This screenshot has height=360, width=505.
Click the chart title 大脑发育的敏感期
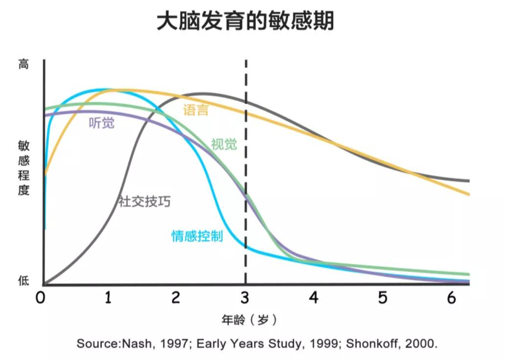point(245,21)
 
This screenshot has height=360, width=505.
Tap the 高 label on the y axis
point(23,64)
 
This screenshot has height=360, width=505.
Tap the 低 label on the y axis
point(23,281)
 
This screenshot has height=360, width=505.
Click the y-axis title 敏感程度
point(23,168)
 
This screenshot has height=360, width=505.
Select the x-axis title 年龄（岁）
point(249,320)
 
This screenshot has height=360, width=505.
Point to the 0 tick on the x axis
point(41,298)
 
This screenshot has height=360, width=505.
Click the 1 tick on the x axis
point(108,298)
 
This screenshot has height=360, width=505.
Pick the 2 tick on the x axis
point(176,298)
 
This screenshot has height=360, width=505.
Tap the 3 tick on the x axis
point(245,298)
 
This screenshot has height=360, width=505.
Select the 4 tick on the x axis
point(314,298)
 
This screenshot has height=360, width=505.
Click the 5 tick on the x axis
point(383,298)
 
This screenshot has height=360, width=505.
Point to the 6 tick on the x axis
point(451,298)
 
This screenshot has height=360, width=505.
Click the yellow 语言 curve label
point(195,110)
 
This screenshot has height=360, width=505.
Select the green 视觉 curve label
point(224,144)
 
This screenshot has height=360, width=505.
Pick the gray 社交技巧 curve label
point(144,202)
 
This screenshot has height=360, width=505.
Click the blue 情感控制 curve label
point(197,236)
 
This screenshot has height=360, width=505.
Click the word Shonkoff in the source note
point(374,344)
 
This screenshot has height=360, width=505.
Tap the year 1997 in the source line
point(170,344)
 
